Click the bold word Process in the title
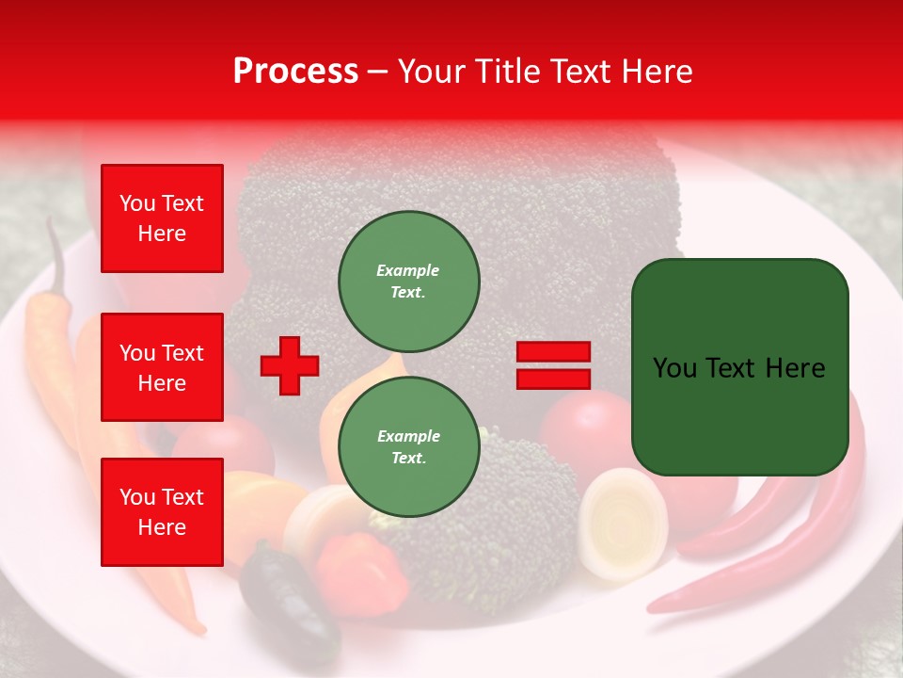click(x=295, y=72)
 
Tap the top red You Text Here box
click(x=162, y=218)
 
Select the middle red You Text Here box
click(x=162, y=367)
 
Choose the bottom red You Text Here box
click(x=162, y=512)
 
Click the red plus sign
click(x=290, y=365)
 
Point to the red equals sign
click(x=553, y=365)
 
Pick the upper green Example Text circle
click(x=408, y=281)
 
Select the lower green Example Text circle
click(x=408, y=446)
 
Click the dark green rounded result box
click(x=739, y=367)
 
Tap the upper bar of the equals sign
click(x=553, y=352)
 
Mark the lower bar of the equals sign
click(x=553, y=379)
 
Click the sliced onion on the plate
click(x=623, y=524)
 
